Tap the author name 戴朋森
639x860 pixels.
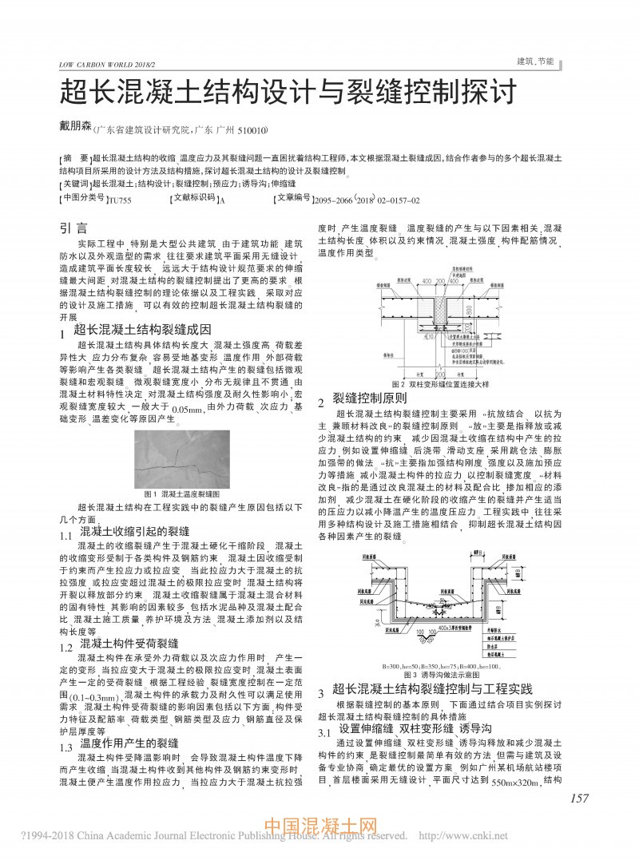(77, 128)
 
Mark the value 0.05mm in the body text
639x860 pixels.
(188, 410)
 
